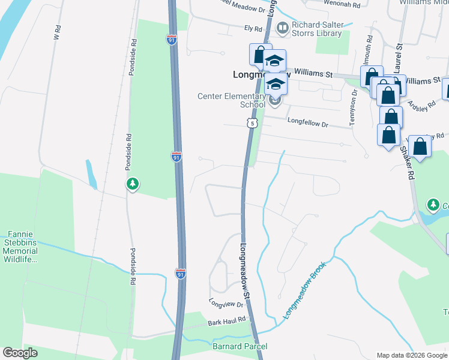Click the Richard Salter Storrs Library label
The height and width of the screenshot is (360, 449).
pyautogui.click(x=316, y=29)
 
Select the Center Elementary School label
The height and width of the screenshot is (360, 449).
pyautogui.click(x=232, y=100)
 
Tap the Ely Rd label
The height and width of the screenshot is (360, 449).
pyautogui.click(x=253, y=29)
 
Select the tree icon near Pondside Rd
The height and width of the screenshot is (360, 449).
pyautogui.click(x=132, y=184)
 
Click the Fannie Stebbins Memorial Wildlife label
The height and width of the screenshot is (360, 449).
pyautogui.click(x=23, y=247)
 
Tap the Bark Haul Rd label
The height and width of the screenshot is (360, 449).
pyautogui.click(x=228, y=322)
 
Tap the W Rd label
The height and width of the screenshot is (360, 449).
pyautogui.click(x=58, y=32)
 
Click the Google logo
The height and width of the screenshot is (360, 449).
pyautogui.click(x=20, y=353)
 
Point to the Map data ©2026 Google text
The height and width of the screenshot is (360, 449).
pyautogui.click(x=411, y=355)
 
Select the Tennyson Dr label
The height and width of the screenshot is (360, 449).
pyautogui.click(x=354, y=104)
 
